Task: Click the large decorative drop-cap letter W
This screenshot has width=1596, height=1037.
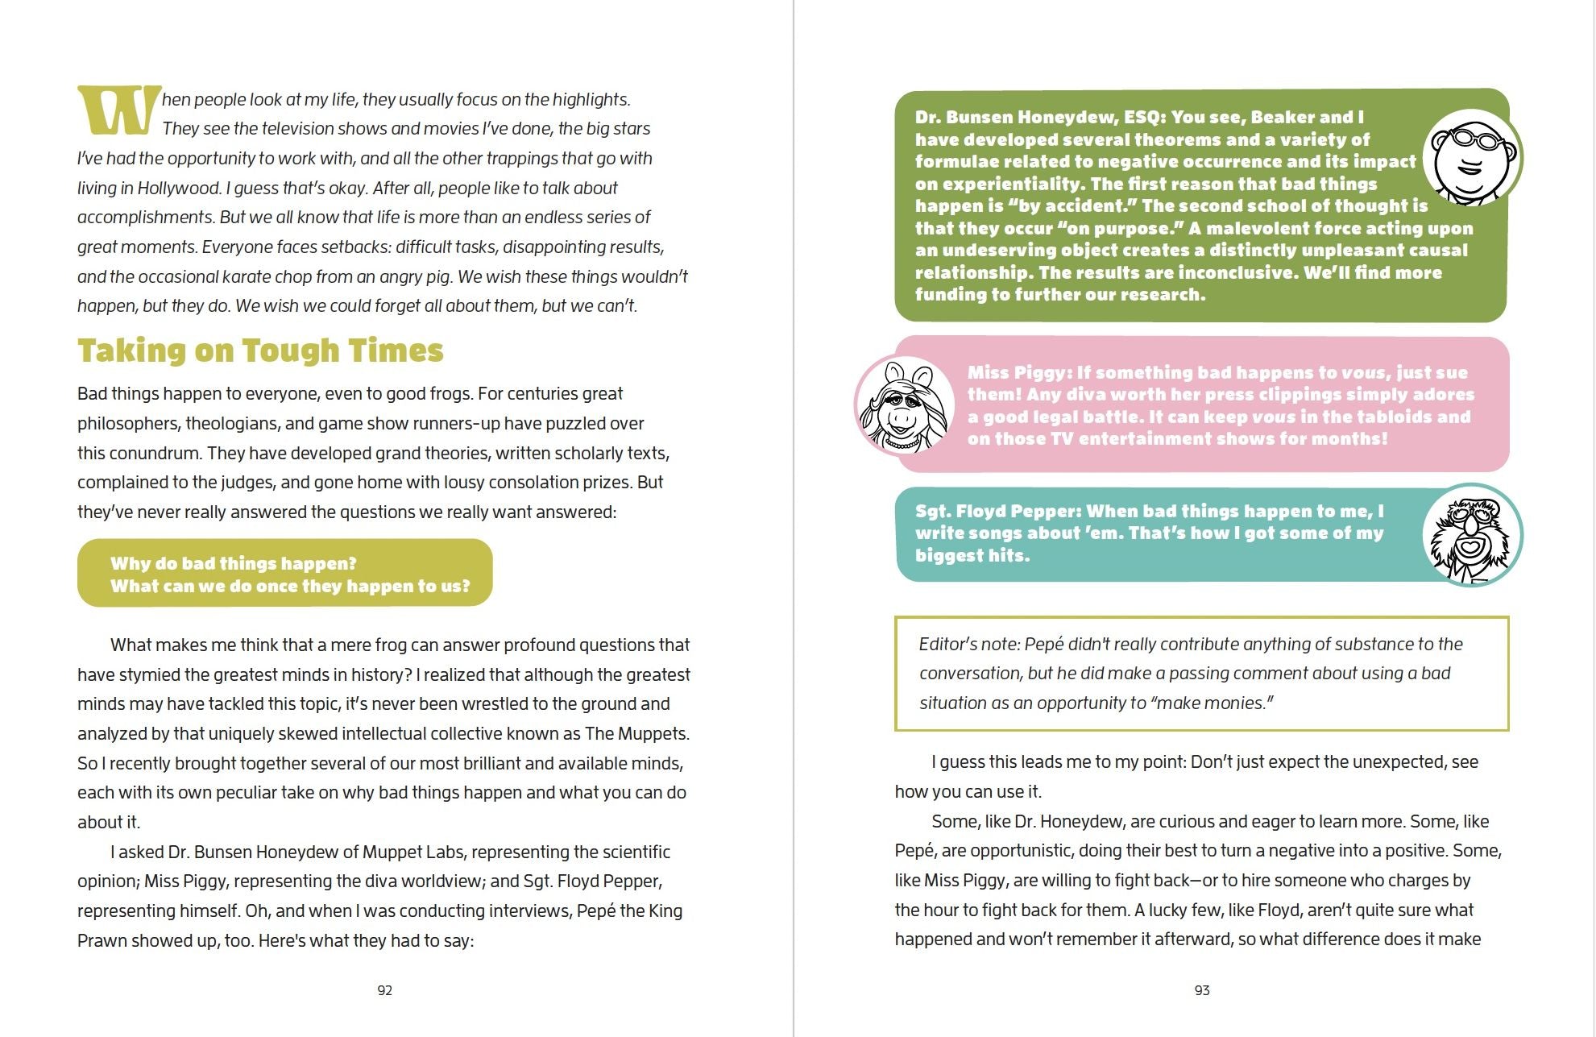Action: (118, 110)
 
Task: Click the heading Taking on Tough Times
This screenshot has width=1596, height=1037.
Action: (260, 351)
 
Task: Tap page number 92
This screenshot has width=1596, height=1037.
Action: (385, 990)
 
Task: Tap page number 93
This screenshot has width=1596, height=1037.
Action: (1202, 990)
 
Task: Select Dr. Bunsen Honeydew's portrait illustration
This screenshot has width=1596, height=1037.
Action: (1471, 157)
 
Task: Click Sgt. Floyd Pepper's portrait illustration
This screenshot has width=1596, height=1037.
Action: (1471, 535)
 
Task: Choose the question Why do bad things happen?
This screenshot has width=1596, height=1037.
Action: (233, 563)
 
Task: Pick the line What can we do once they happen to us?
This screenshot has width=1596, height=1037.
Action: (290, 586)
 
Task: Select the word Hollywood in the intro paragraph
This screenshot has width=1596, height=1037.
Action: (178, 188)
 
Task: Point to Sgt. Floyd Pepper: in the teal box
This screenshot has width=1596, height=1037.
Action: (998, 511)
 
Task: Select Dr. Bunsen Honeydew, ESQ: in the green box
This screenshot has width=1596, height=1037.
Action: (1040, 117)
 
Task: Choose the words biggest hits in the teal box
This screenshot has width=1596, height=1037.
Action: (972, 555)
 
